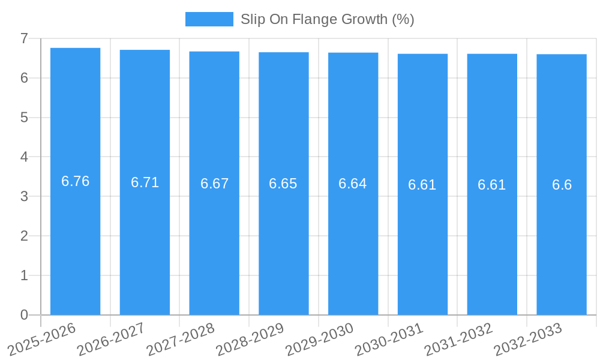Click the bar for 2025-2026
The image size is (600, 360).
pos(75,240)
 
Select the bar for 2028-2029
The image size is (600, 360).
pos(284,240)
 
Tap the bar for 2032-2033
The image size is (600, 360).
pos(562,240)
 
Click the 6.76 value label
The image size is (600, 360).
pos(76,181)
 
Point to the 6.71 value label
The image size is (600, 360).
pos(145,182)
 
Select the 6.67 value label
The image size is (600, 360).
pos(215,184)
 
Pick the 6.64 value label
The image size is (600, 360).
pos(353,184)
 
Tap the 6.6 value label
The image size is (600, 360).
pos(562,185)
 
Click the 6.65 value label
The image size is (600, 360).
pos(283,184)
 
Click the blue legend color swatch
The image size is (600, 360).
pos(209,19)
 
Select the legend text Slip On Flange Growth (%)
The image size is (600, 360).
pos(327,19)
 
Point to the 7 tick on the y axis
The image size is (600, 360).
pos(24,38)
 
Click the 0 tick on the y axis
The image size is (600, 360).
pos(24,315)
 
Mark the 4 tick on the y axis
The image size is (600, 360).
pos(24,157)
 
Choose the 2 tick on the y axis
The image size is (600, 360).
pos(24,236)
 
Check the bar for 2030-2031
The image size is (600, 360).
pos(422,240)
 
